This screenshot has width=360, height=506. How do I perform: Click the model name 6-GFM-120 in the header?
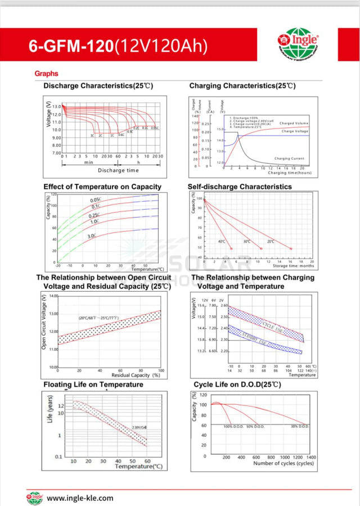[x=71, y=46]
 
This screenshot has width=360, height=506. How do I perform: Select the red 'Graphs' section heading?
[x=46, y=74]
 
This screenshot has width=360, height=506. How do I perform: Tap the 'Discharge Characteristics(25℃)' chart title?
[x=98, y=86]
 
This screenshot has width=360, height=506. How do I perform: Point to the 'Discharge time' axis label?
[x=118, y=170]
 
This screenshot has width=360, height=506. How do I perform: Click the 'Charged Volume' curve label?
[x=294, y=123]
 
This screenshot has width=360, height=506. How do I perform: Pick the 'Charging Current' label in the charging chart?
[x=289, y=159]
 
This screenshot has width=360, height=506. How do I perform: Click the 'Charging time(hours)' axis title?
[x=290, y=173]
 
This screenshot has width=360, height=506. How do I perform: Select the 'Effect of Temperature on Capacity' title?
[x=102, y=187]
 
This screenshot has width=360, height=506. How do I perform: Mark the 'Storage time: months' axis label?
[x=293, y=266]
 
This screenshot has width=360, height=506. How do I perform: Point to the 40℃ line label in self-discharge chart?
[x=221, y=241]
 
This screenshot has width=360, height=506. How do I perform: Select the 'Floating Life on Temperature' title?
[x=93, y=385]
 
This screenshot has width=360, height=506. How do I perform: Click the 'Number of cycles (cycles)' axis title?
[x=283, y=463]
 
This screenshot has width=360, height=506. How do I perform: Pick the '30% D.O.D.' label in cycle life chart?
[x=300, y=427]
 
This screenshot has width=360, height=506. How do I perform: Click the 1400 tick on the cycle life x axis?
[x=311, y=458]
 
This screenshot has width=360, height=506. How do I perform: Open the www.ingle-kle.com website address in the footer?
[x=80, y=498]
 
